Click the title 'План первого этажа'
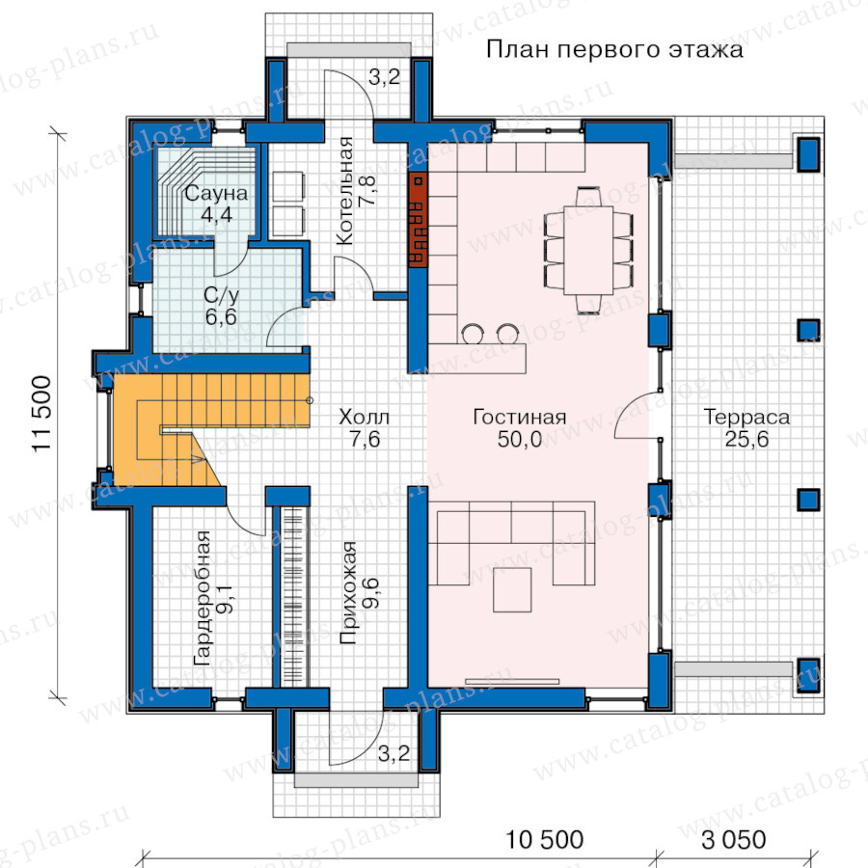[614, 50]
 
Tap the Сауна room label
[216, 193]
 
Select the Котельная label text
[344, 191]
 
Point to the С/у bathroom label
[221, 295]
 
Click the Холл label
[365, 417]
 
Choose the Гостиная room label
[519, 417]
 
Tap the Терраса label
[746, 417]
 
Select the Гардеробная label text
[203, 598]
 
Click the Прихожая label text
[347, 593]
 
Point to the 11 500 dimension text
[42, 414]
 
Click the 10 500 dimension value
[545, 840]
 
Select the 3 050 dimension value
[734, 840]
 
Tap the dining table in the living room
[588, 250]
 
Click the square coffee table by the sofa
[513, 589]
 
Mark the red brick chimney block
[418, 220]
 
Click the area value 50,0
[519, 439]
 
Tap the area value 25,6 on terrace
[746, 439]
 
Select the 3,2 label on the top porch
[384, 77]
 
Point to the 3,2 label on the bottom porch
[393, 753]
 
